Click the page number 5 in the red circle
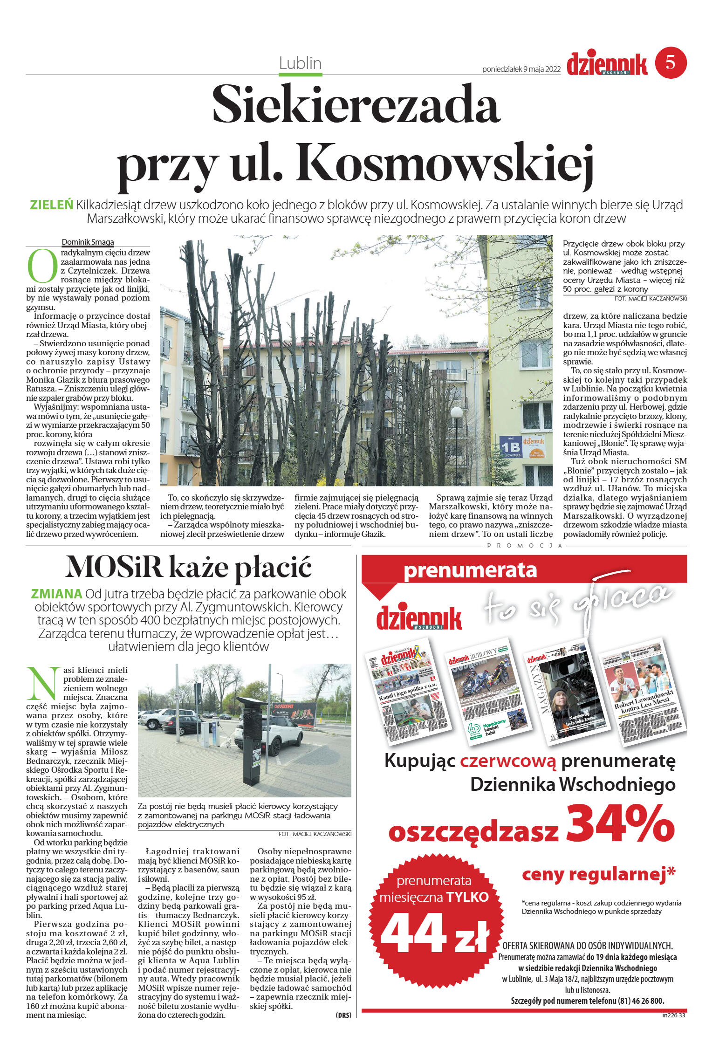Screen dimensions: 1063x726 click(670, 62)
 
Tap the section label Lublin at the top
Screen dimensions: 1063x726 click(300, 63)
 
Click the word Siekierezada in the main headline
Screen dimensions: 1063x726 click(356, 105)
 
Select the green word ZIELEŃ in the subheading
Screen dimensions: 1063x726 click(51, 205)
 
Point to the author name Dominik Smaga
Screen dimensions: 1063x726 click(88, 242)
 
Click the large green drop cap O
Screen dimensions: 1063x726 click(42, 266)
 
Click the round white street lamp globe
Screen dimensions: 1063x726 click(457, 412)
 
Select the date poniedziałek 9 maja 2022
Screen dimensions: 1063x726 click(521, 69)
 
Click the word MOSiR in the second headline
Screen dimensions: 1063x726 click(114, 568)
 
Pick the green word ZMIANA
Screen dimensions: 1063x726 click(56, 594)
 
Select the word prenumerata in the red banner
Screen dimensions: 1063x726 click(470, 570)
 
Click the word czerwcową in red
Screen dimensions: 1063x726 click(508, 761)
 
